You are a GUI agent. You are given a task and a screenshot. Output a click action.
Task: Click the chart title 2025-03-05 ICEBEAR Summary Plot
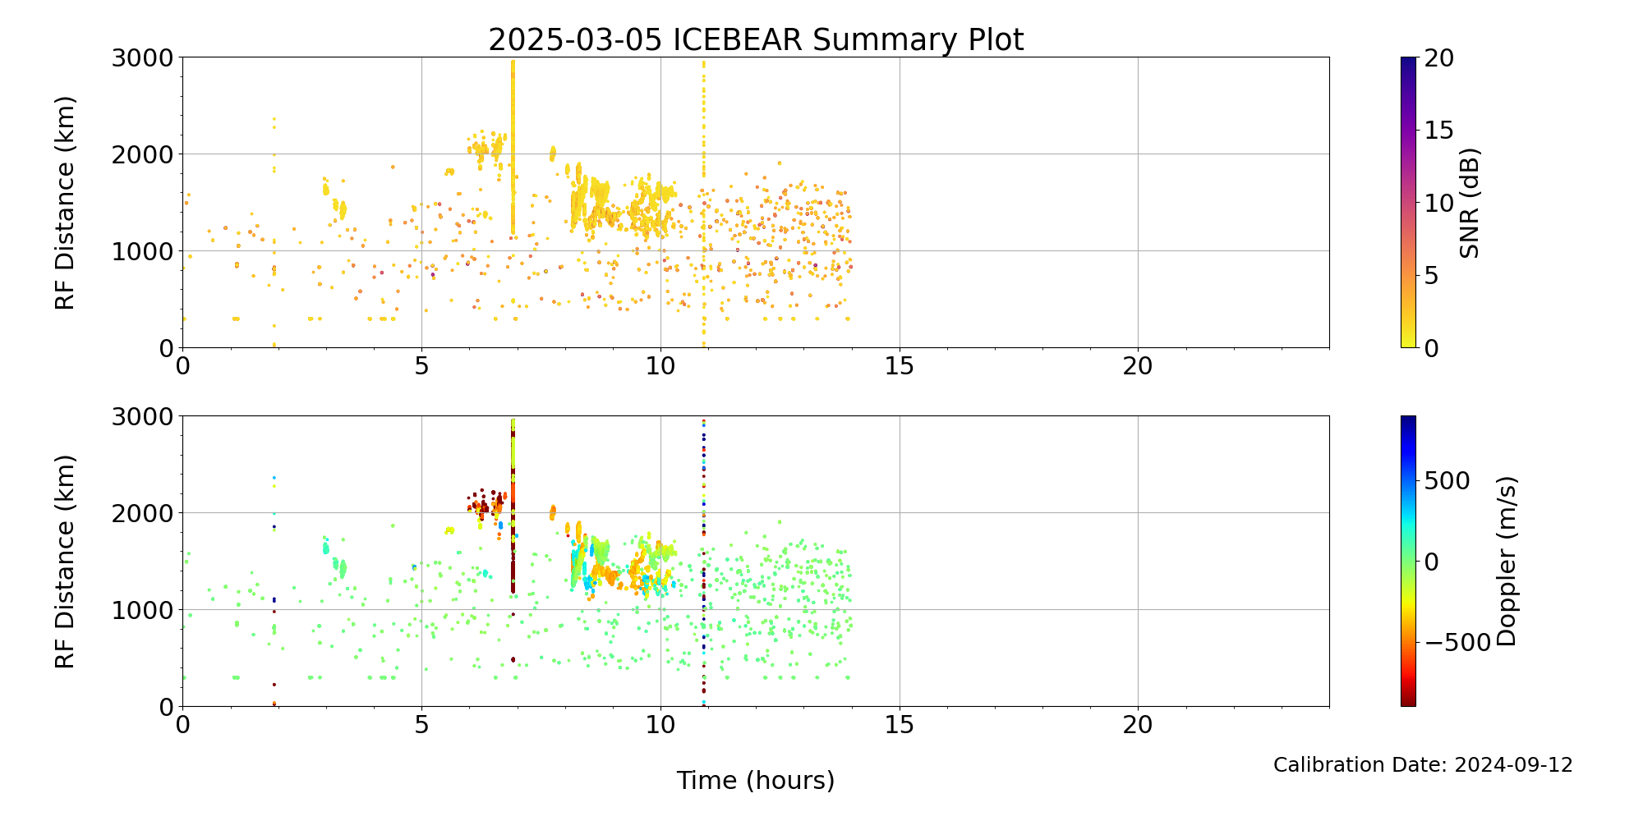[756, 39]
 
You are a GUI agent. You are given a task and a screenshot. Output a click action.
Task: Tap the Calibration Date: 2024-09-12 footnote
[1423, 765]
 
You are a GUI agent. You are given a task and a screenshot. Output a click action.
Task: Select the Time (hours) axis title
[756, 780]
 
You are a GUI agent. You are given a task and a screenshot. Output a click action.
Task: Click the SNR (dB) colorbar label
[1470, 203]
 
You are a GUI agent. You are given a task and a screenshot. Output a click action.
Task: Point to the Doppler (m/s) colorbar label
[1506, 561]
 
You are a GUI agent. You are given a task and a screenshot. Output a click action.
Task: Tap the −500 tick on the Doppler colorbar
[1455, 643]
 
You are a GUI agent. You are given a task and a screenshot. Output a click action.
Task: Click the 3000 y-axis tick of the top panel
[143, 58]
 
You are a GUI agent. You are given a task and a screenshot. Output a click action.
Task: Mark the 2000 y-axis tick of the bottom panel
[143, 513]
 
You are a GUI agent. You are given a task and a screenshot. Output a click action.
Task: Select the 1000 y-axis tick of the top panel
[143, 251]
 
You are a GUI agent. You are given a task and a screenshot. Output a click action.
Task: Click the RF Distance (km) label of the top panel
[65, 203]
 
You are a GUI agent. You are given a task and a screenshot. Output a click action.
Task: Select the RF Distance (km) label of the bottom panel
[65, 561]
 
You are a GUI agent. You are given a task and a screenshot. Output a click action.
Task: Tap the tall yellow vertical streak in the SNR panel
[513, 148]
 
